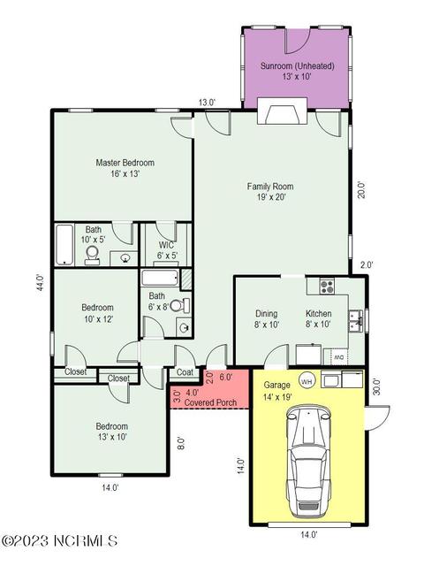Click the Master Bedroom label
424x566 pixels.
click(x=125, y=163)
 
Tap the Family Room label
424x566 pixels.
click(x=270, y=187)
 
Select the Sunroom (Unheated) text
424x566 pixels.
click(x=297, y=66)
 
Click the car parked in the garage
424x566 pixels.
click(x=308, y=463)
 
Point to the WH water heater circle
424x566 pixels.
click(x=307, y=381)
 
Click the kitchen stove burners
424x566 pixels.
click(x=327, y=287)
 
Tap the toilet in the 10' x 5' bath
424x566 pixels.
click(x=93, y=256)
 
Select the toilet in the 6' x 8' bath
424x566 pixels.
click(x=180, y=306)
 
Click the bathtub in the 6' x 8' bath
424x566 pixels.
click(x=160, y=279)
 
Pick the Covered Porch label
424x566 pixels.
click(x=210, y=402)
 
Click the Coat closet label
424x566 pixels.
click(x=185, y=372)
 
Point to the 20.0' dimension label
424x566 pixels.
click(x=361, y=189)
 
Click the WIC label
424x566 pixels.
click(x=166, y=245)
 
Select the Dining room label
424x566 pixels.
click(x=267, y=313)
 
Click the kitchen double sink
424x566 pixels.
click(x=355, y=321)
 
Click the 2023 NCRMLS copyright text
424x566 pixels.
click(x=60, y=540)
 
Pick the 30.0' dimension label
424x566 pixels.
click(x=376, y=386)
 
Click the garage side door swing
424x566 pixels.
click(x=379, y=417)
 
